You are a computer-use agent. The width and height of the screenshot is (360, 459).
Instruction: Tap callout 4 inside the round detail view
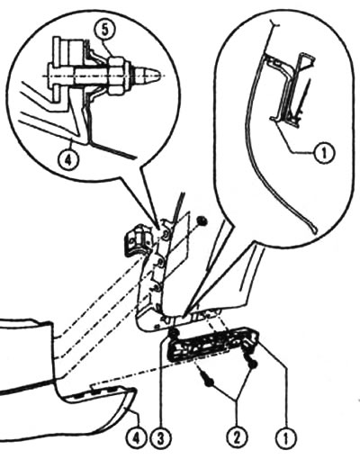68,157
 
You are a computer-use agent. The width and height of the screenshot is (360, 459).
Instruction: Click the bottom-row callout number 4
137,440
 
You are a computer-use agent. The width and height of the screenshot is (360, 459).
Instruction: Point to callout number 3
160,440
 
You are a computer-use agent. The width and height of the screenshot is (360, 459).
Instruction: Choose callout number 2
237,440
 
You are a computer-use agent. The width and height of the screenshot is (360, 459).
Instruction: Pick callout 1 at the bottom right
285,440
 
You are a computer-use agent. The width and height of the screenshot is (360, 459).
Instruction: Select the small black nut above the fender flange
202,221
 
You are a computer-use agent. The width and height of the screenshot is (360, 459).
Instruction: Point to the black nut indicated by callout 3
173,334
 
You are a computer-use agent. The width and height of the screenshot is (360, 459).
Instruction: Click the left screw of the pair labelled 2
207,380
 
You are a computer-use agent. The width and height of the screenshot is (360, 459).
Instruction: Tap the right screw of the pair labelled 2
251,360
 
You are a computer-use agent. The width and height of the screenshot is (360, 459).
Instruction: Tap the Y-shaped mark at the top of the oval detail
274,23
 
